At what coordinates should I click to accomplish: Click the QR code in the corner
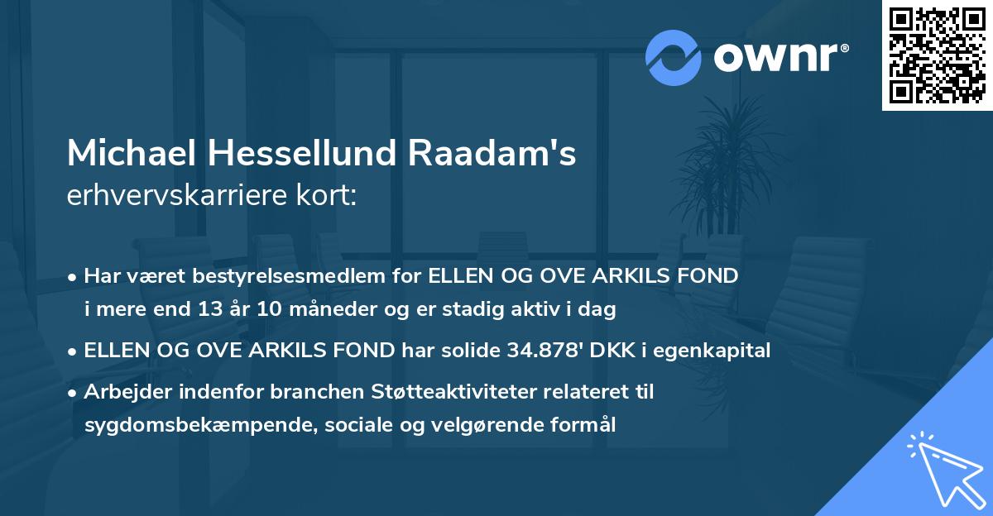click(x=938, y=55)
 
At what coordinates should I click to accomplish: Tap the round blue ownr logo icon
click(x=674, y=58)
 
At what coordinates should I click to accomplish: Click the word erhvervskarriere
click(x=170, y=196)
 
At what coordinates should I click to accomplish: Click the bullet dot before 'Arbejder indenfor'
click(x=74, y=393)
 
